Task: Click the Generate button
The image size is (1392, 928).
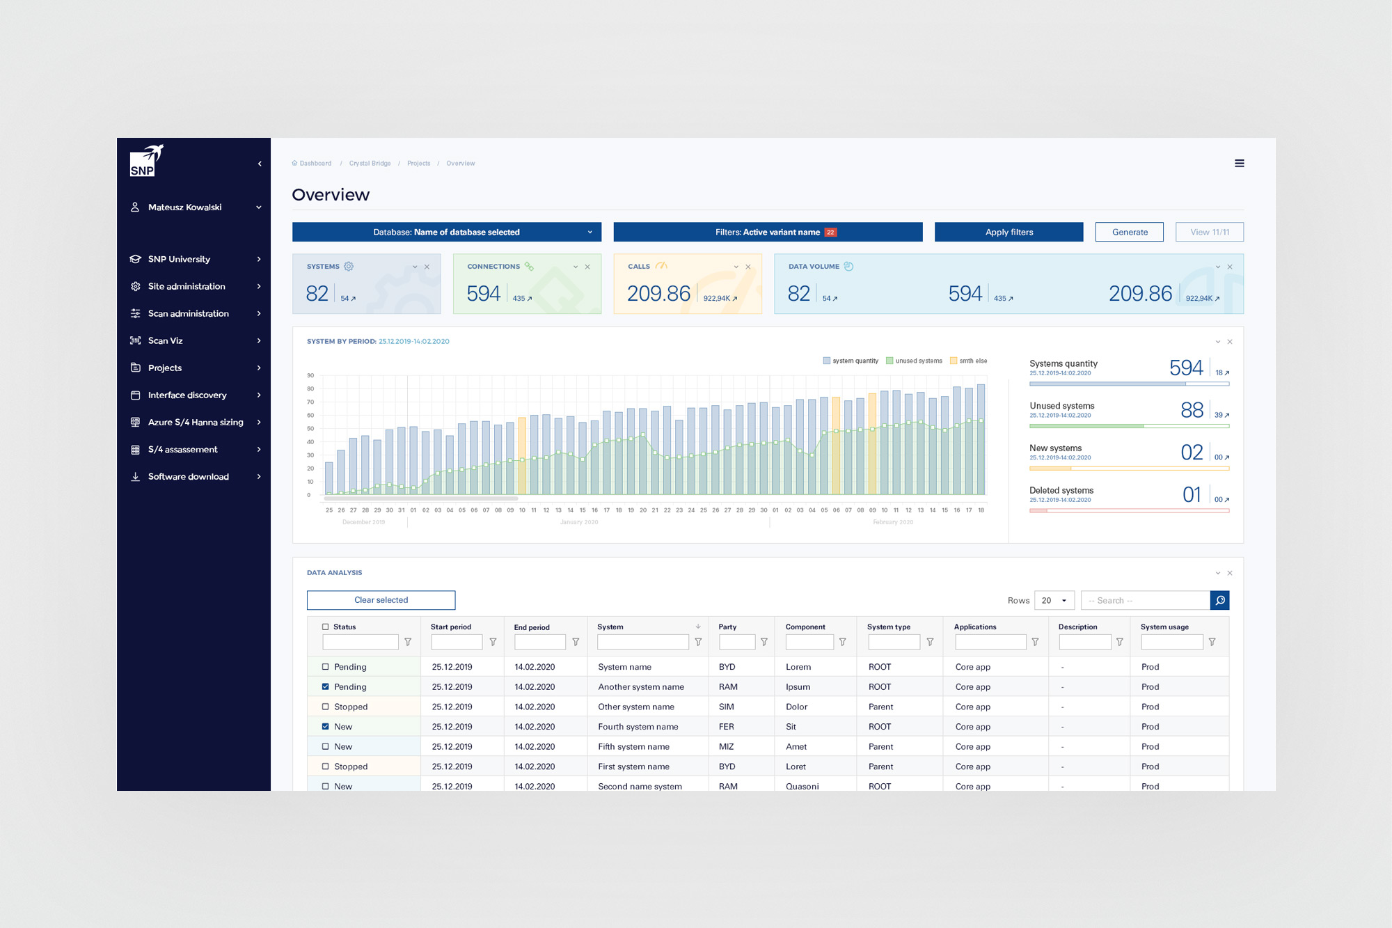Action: point(1129,232)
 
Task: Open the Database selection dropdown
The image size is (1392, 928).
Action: point(446,232)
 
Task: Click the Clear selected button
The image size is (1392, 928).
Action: point(381,600)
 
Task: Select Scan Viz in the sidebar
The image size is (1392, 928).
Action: point(165,340)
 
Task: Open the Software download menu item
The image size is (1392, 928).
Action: point(188,476)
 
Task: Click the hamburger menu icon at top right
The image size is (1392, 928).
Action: point(1239,164)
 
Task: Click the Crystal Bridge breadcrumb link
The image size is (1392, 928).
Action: point(370,164)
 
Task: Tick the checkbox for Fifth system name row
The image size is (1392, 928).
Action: point(325,746)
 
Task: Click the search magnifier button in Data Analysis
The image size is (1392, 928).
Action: point(1219,600)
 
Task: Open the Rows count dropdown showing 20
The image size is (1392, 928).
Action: point(1054,600)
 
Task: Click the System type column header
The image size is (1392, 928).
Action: point(888,627)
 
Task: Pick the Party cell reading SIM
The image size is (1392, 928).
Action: point(726,707)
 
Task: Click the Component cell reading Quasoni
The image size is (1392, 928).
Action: point(802,786)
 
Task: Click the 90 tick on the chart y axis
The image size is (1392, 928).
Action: point(310,375)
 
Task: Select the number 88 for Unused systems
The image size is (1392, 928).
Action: point(1192,410)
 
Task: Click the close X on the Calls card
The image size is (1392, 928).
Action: point(748,267)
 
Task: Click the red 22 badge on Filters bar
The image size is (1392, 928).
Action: point(830,233)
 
